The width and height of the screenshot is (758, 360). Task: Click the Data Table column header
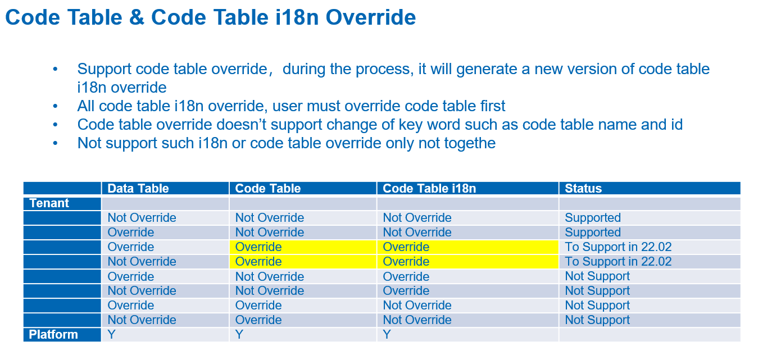[x=138, y=189]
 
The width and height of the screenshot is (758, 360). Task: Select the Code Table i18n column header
[x=429, y=189]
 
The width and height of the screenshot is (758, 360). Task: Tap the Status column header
[x=583, y=189]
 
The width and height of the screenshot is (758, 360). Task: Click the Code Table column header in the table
[x=268, y=189]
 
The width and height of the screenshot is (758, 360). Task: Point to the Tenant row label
[x=49, y=203]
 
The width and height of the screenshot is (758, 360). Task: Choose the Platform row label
[x=53, y=335]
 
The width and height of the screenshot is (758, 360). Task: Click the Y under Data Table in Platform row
[x=112, y=335]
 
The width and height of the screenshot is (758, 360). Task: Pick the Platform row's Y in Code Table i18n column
[x=387, y=335]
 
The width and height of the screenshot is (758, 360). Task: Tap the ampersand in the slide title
[x=137, y=17]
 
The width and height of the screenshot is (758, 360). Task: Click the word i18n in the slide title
[x=296, y=17]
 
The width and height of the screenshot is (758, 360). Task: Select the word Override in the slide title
[x=371, y=17]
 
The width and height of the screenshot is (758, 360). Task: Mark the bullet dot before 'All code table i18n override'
[x=55, y=106]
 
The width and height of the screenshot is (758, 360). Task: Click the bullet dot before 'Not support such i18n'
[x=55, y=143]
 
